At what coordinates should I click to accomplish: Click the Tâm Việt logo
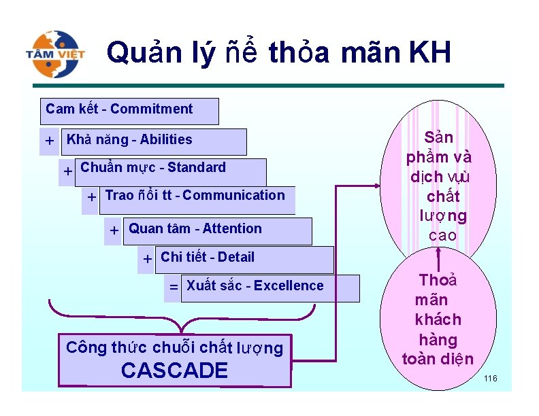point(56,53)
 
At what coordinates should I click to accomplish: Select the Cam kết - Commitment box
point(130,110)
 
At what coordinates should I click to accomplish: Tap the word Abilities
point(166,140)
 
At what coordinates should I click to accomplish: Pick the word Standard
point(197,168)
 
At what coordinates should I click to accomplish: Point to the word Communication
point(233,196)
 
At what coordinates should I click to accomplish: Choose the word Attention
point(232,229)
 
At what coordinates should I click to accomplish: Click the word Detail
point(236,258)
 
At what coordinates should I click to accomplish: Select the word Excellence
point(289,286)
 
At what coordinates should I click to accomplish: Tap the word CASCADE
point(174,371)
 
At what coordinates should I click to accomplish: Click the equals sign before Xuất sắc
point(174,288)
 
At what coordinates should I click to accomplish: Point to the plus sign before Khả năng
point(50,141)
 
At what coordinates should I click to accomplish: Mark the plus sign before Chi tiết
point(147,259)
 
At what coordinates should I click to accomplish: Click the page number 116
point(490,378)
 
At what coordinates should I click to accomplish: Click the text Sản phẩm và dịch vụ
point(439,156)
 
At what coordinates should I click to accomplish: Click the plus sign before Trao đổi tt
point(91,198)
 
